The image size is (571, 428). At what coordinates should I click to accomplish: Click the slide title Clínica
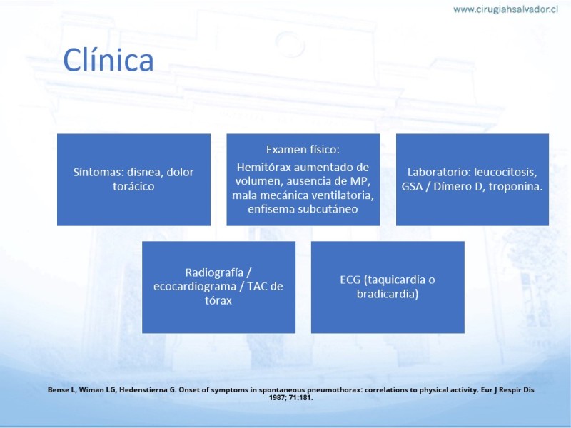(x=108, y=60)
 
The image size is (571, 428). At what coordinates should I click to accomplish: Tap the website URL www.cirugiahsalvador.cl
(x=505, y=9)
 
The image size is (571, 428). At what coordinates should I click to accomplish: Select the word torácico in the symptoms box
(x=133, y=186)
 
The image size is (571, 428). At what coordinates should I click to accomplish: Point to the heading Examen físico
(x=303, y=150)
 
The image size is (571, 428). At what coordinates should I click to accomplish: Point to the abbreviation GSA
(x=412, y=186)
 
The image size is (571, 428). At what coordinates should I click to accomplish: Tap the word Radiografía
(x=214, y=272)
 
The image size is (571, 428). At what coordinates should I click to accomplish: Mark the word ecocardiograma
(x=195, y=287)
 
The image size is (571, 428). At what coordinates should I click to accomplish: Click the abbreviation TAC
(x=258, y=287)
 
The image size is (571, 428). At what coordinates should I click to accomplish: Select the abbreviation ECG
(x=350, y=280)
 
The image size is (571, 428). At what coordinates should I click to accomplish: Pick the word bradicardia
(x=388, y=294)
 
